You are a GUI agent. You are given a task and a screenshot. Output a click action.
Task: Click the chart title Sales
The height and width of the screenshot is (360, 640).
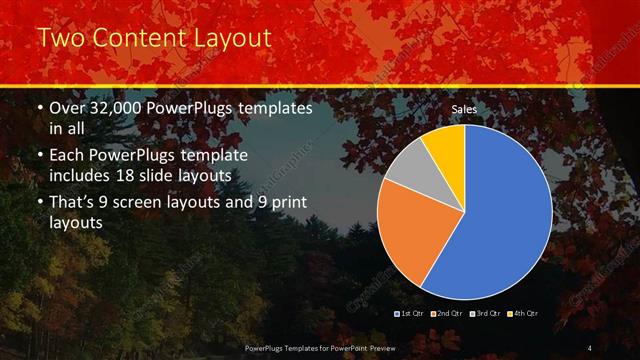point(464,108)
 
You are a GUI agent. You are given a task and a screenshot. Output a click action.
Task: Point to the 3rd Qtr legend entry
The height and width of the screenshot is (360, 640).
point(487,314)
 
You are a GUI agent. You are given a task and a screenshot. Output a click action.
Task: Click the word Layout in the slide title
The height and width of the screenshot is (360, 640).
point(232,39)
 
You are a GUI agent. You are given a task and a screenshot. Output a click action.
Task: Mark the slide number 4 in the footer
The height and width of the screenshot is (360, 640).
point(589,346)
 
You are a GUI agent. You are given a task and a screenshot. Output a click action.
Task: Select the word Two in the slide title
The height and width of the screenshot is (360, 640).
point(60,39)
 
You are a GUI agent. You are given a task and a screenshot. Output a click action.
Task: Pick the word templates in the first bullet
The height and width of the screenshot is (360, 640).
point(273,107)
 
